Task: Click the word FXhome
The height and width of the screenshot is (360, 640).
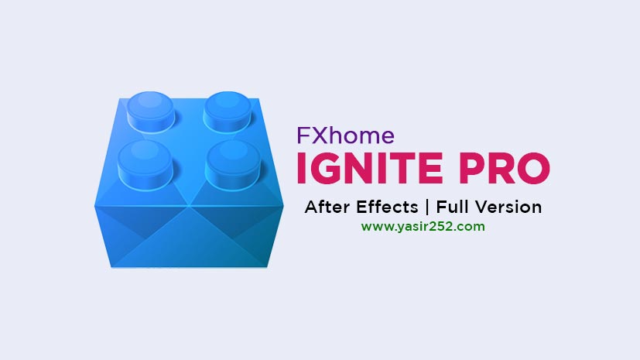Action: (x=346, y=136)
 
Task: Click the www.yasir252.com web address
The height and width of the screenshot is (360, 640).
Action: (x=423, y=227)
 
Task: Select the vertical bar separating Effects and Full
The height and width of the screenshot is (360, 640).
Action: (x=428, y=207)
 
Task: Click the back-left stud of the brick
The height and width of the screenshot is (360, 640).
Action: (x=151, y=108)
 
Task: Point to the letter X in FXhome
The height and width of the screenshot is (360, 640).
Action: (x=318, y=136)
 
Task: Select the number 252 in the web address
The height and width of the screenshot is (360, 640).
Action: (x=453, y=227)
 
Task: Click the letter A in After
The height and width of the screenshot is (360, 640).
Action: (x=312, y=207)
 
